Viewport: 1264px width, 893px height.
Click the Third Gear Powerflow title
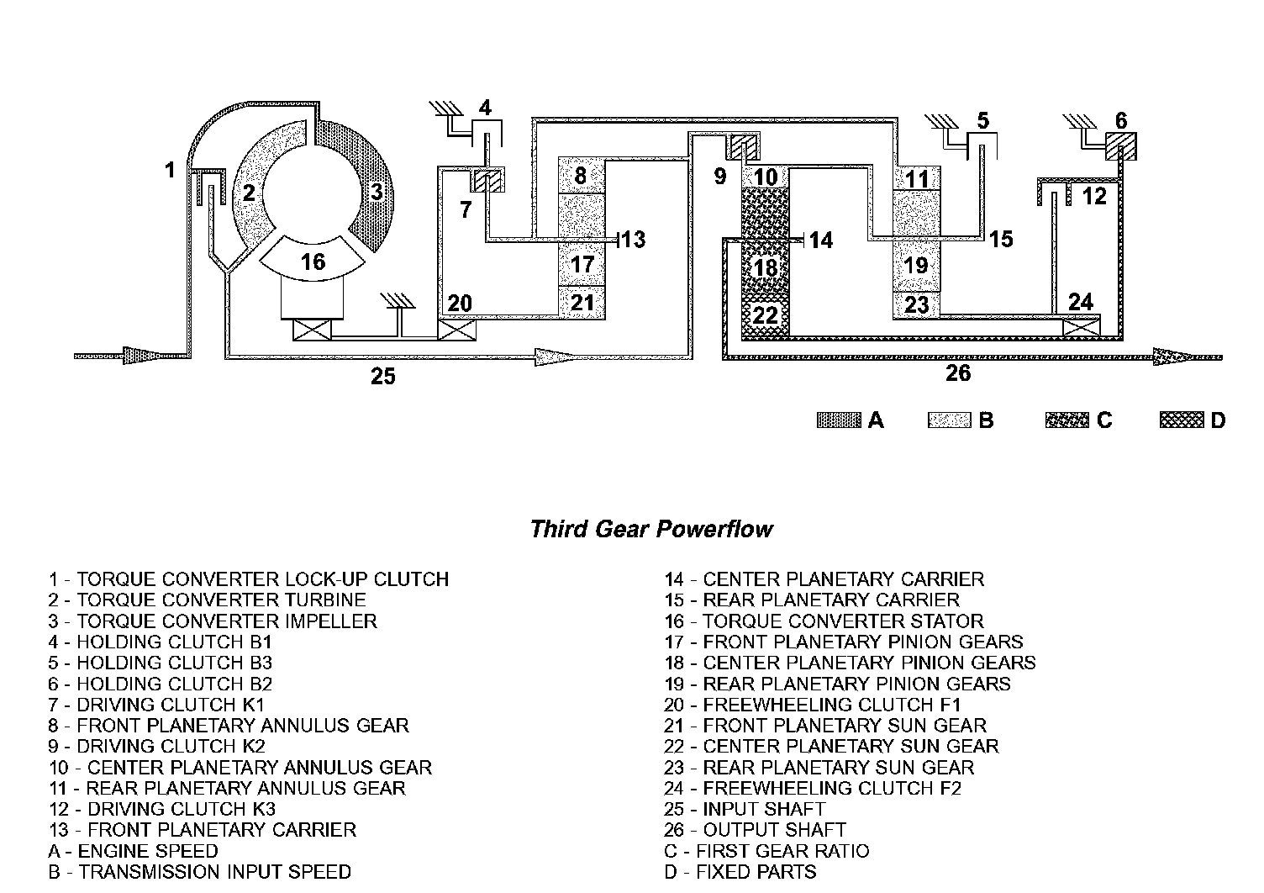tap(651, 529)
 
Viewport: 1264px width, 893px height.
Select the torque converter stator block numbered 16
tap(313, 262)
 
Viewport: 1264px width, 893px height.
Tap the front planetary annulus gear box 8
tap(582, 176)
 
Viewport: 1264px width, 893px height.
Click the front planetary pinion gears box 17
tap(582, 264)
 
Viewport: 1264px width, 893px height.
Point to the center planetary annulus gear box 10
tap(765, 177)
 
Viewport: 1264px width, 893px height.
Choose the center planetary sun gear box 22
tap(765, 315)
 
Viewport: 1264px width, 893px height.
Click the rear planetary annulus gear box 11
tap(916, 178)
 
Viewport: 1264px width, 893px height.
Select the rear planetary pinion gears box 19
tap(916, 265)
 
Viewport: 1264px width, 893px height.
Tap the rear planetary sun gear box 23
tap(916, 304)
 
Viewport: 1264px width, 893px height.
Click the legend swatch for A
tap(839, 420)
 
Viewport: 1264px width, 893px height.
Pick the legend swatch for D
tap(1181, 420)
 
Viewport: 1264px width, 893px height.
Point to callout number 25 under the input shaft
tap(382, 377)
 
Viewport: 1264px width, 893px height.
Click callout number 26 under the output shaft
tap(958, 373)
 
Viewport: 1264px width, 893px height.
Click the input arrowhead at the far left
tap(135, 356)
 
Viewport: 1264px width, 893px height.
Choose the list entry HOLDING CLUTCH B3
tap(161, 663)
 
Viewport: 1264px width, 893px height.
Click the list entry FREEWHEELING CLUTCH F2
tap(813, 788)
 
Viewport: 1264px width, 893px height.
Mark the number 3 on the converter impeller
tap(377, 192)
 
